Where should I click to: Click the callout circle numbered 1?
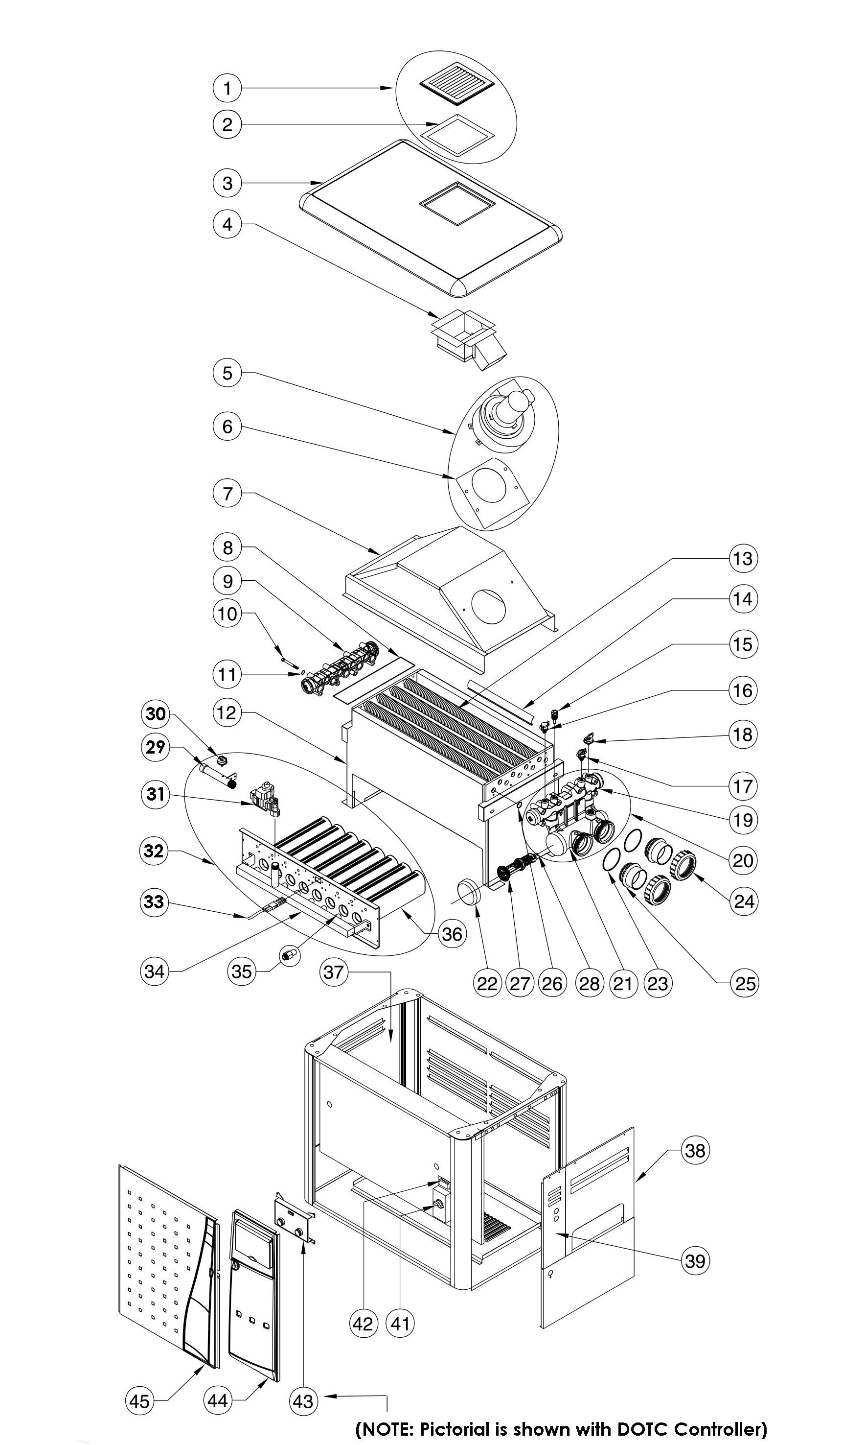[228, 88]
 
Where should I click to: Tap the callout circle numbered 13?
[743, 558]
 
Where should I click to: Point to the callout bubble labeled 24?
[744, 901]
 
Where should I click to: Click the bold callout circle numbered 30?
[156, 713]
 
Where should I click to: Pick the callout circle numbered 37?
[335, 972]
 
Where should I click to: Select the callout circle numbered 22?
[487, 984]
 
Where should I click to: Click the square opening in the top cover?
[457, 204]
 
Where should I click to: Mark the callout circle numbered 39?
[695, 1261]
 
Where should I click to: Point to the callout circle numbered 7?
[228, 494]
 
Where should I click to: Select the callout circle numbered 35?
[241, 971]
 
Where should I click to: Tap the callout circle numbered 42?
[363, 1324]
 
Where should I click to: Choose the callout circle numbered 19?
[743, 820]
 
